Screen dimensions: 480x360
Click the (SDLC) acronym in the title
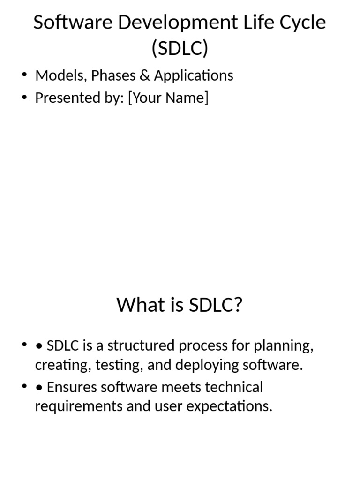[x=180, y=48]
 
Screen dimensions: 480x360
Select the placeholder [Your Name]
[x=168, y=98]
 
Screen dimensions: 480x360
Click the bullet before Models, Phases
[x=24, y=75]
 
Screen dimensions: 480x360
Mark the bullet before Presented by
[x=24, y=98]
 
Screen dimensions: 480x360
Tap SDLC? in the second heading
[x=215, y=305]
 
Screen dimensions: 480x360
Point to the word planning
[x=284, y=346]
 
